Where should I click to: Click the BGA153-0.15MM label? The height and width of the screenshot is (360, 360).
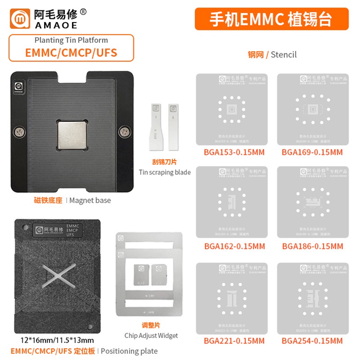[x=234, y=152]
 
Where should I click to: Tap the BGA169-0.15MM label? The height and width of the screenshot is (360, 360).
[x=312, y=152]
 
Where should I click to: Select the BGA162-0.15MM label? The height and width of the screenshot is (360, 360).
[x=234, y=246]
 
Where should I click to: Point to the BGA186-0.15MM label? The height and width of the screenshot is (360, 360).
[x=312, y=246]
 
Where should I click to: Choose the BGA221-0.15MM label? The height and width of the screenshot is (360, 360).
[x=234, y=341]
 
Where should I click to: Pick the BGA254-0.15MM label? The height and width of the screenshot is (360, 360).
[x=312, y=341]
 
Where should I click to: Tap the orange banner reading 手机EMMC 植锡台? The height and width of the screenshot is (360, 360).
[x=271, y=19]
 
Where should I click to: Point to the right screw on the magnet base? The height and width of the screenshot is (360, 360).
[x=124, y=132]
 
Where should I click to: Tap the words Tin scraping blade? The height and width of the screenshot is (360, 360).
[x=165, y=172]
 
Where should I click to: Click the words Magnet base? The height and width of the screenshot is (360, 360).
[x=90, y=200]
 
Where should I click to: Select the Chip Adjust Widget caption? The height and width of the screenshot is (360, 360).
[x=151, y=335]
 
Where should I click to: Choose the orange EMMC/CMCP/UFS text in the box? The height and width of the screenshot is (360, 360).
[x=71, y=52]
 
